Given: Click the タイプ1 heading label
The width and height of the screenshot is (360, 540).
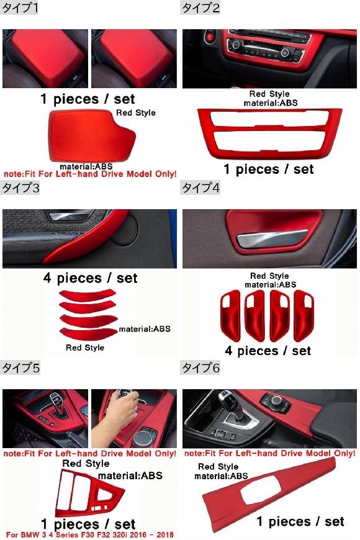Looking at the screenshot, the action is tap(20, 7).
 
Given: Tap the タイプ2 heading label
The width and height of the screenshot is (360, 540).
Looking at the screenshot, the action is tap(200, 7).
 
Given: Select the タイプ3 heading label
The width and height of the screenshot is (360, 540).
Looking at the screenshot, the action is tap(20, 188).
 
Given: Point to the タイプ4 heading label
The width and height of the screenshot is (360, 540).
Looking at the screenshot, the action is tap(200, 188).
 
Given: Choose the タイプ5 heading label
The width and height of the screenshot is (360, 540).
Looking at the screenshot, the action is tap(20, 368).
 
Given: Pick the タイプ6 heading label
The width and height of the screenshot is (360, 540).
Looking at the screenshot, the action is tap(200, 368).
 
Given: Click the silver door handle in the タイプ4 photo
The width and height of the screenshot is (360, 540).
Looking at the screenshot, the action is tap(272, 238).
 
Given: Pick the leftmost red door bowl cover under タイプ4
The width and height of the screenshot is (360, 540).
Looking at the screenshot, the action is tap(230, 315).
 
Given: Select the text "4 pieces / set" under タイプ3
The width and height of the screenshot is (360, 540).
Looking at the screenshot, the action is tap(90, 278).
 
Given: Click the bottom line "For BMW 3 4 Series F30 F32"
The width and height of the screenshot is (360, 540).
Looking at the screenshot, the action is tap(89, 535).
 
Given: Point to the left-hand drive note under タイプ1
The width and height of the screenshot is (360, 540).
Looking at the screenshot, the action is tap(90, 174).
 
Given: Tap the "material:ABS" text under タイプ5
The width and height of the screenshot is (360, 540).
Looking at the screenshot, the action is tap(130, 475).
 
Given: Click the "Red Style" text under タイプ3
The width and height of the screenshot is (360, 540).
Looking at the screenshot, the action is tap(85, 348).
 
